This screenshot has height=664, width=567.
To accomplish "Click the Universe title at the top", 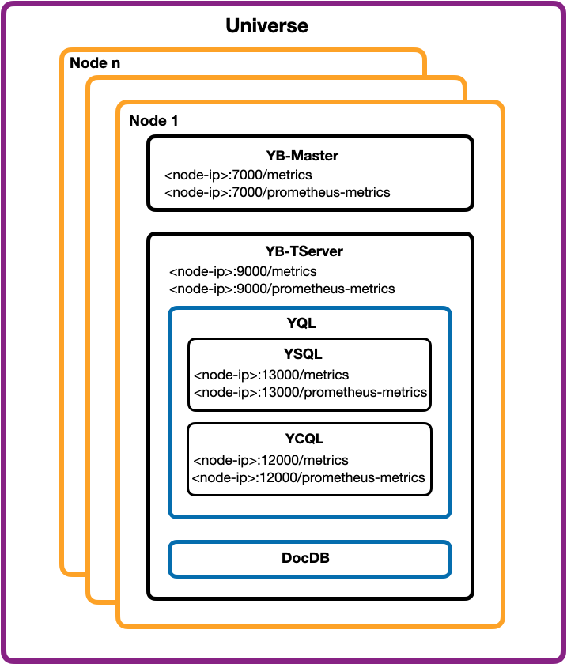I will [x=266, y=25].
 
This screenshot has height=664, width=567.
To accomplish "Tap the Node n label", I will [x=95, y=63].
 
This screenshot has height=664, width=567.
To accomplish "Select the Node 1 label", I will [x=153, y=121].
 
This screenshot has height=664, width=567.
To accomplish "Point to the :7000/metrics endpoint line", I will [x=237, y=174].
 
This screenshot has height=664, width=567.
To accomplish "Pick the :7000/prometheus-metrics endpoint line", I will [x=277, y=192].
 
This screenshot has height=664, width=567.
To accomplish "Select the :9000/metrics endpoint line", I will [x=243, y=271].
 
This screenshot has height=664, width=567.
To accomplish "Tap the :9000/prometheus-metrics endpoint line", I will [x=282, y=289].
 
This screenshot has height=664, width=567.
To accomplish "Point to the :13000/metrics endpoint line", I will [x=270, y=375].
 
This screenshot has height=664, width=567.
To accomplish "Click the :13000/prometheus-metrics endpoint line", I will [x=310, y=392].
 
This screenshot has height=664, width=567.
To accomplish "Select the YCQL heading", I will [x=304, y=439].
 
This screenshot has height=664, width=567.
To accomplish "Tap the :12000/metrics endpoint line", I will [x=270, y=460].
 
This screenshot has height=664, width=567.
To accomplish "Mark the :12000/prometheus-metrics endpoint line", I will [x=308, y=477].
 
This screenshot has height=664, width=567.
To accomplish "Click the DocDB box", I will [x=309, y=558].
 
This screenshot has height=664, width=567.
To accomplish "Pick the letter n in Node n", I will [x=115, y=63].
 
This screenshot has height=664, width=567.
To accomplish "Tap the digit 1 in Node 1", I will [x=174, y=121].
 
